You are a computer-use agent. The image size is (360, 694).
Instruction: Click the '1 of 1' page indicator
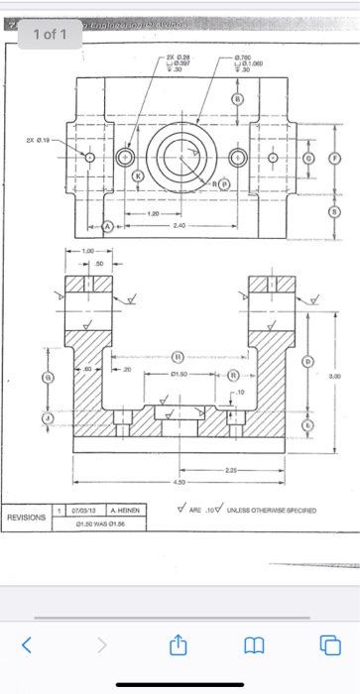point(49,34)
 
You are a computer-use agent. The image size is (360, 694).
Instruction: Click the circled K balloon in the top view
point(138,174)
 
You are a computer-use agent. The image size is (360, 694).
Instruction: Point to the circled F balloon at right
point(333,158)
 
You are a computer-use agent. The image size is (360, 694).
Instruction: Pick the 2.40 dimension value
point(180,226)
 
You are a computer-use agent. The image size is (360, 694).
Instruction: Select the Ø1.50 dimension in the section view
point(180,377)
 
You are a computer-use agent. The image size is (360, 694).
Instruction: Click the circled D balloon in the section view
point(306,362)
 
